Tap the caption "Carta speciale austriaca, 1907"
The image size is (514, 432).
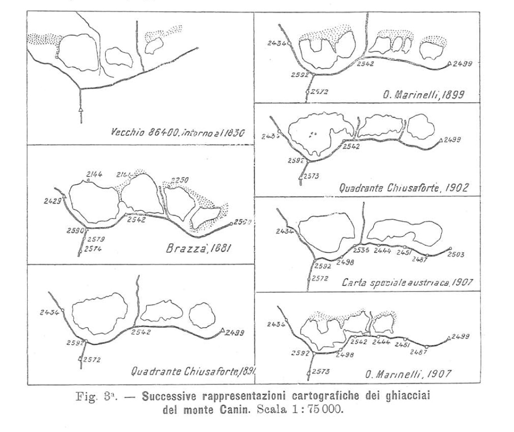point(407,282)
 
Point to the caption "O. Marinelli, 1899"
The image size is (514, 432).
point(419,94)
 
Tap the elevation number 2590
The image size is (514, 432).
point(74,231)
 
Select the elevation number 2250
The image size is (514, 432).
point(181,180)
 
